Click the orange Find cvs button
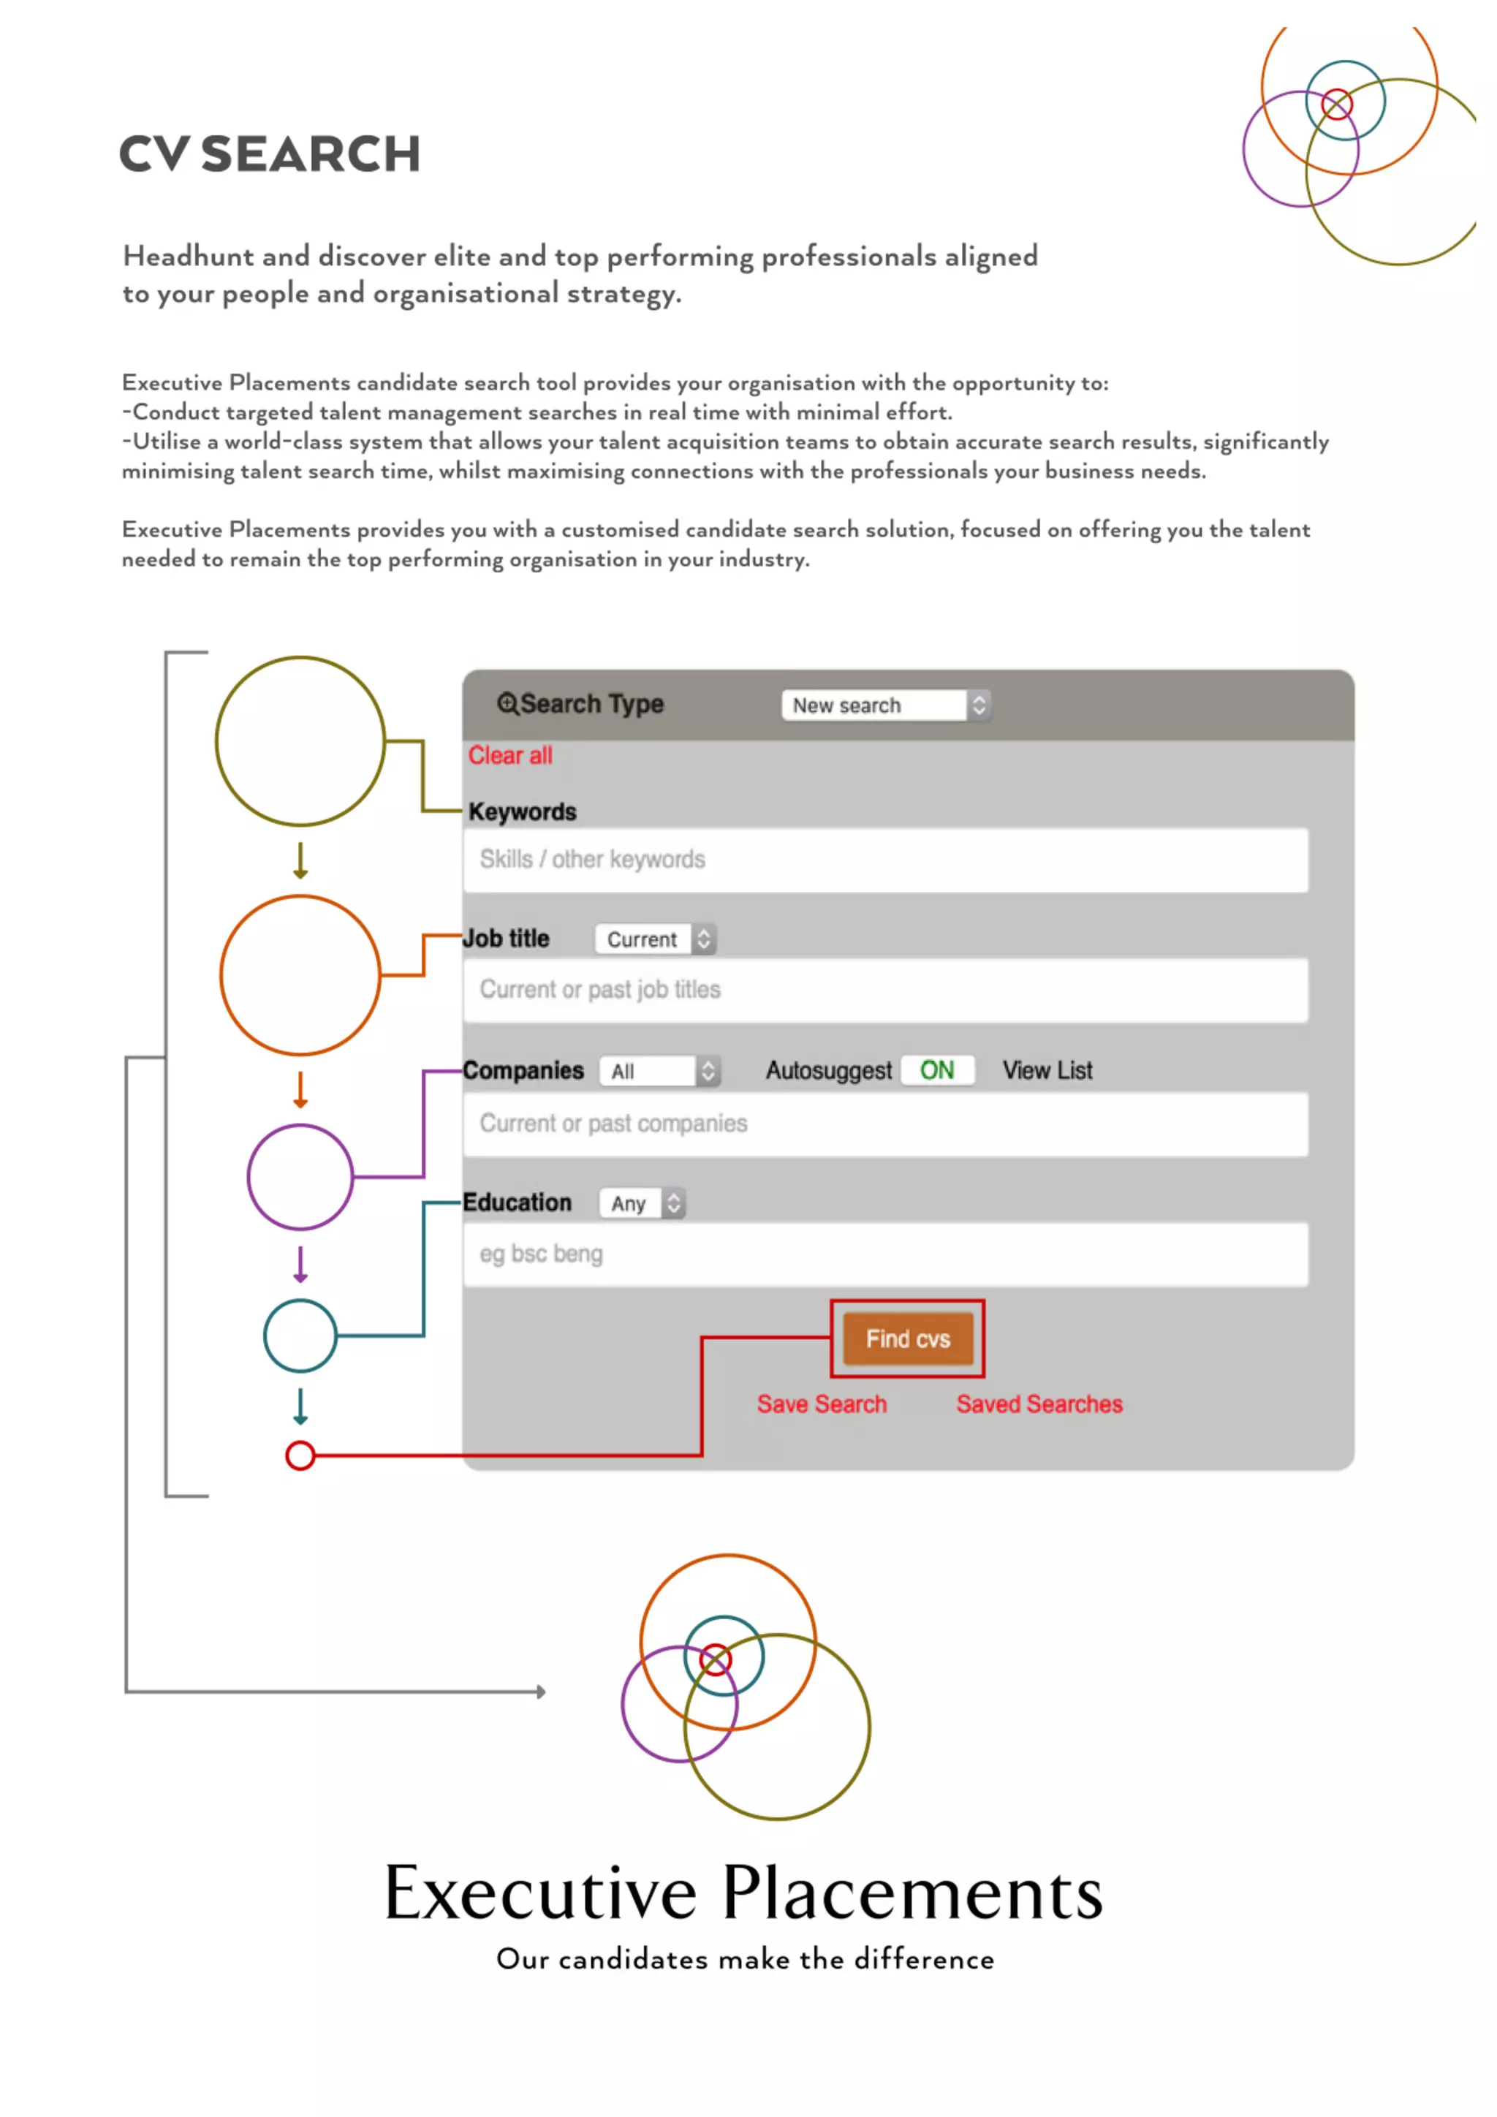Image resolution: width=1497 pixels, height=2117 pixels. (907, 1338)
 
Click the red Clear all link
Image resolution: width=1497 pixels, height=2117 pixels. (509, 755)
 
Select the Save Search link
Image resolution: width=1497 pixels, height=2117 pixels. (822, 1404)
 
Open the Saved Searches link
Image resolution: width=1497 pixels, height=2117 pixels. (1039, 1404)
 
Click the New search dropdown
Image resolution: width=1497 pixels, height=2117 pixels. (885, 705)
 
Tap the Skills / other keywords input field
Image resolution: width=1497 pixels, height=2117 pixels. (885, 860)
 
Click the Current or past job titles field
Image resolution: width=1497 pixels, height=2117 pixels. (885, 991)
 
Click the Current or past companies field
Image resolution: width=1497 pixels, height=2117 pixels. (885, 1124)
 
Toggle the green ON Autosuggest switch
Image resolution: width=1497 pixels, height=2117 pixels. (936, 1070)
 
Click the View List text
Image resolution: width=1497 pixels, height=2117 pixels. (1047, 1070)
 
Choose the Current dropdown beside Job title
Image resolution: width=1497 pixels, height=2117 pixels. (654, 939)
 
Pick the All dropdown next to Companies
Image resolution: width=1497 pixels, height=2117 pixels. (659, 1072)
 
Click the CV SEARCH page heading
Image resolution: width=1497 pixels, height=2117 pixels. (269, 154)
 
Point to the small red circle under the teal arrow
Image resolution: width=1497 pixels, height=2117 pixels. (300, 1456)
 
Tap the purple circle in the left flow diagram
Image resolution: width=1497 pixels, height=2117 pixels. (300, 1178)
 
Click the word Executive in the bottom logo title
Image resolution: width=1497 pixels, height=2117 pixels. (540, 1893)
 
